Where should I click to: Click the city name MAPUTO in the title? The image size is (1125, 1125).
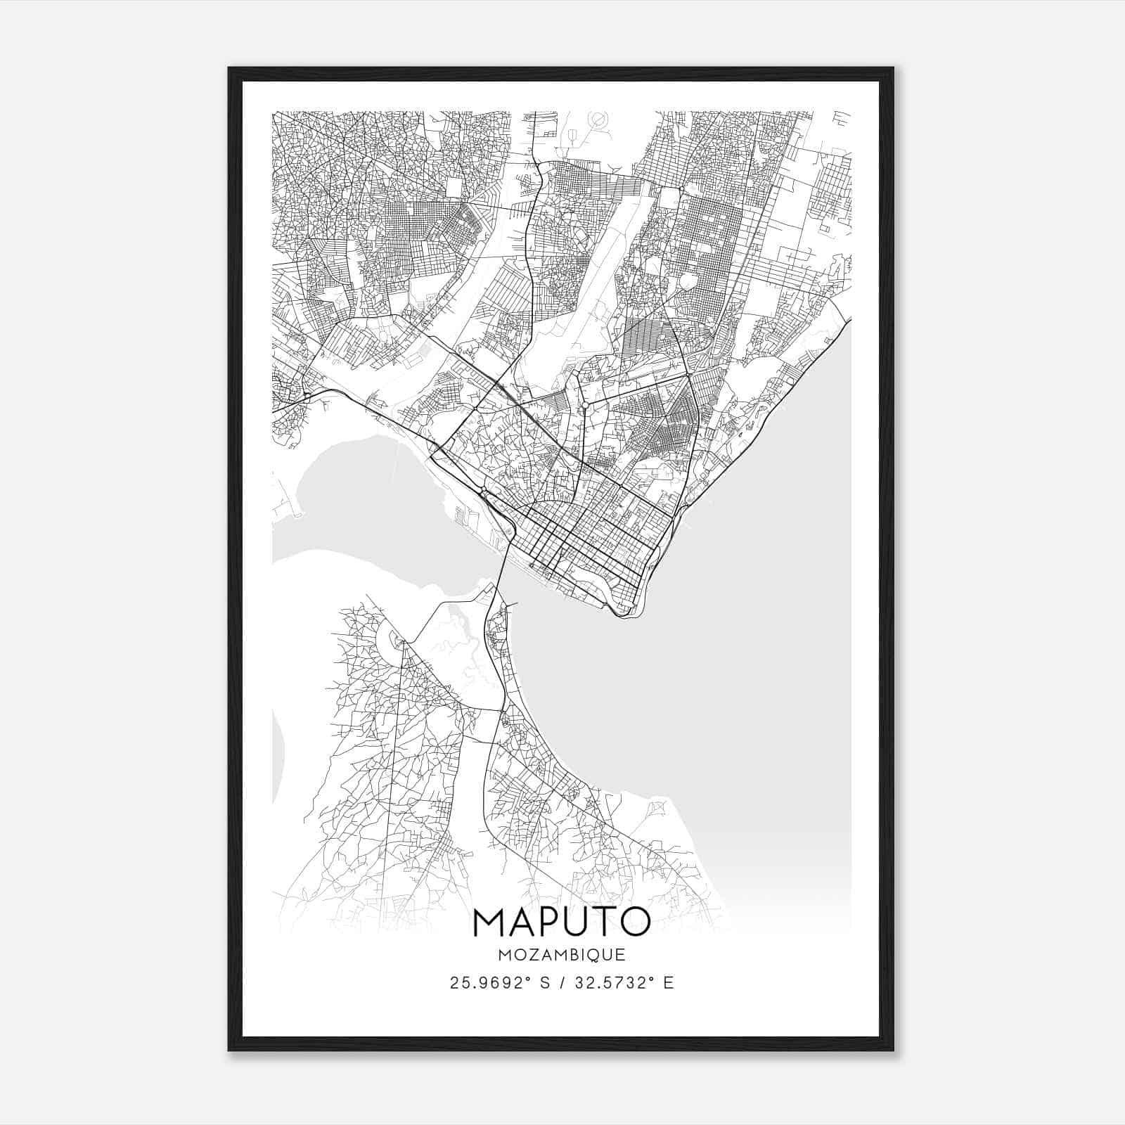point(562,922)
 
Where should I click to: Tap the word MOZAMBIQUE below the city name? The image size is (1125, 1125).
point(562,956)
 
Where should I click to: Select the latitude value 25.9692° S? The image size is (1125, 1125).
point(501,983)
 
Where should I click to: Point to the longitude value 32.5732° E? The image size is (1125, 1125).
point(623,983)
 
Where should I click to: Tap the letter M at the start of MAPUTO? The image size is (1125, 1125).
point(490,922)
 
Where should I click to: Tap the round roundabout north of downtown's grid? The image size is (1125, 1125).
point(585,405)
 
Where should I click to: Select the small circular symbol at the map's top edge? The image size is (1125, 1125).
point(598,120)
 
